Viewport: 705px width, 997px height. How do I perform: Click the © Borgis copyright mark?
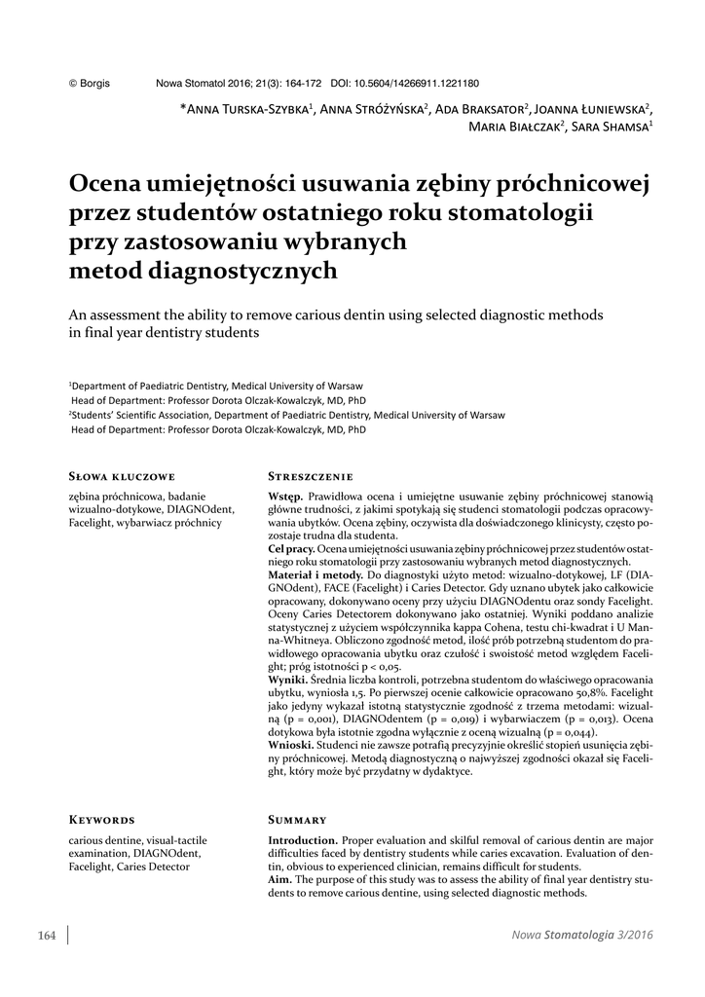89,85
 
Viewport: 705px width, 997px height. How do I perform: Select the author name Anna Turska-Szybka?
248,108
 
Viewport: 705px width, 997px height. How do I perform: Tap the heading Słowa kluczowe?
122,477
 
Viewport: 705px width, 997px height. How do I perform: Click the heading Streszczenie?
311,477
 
